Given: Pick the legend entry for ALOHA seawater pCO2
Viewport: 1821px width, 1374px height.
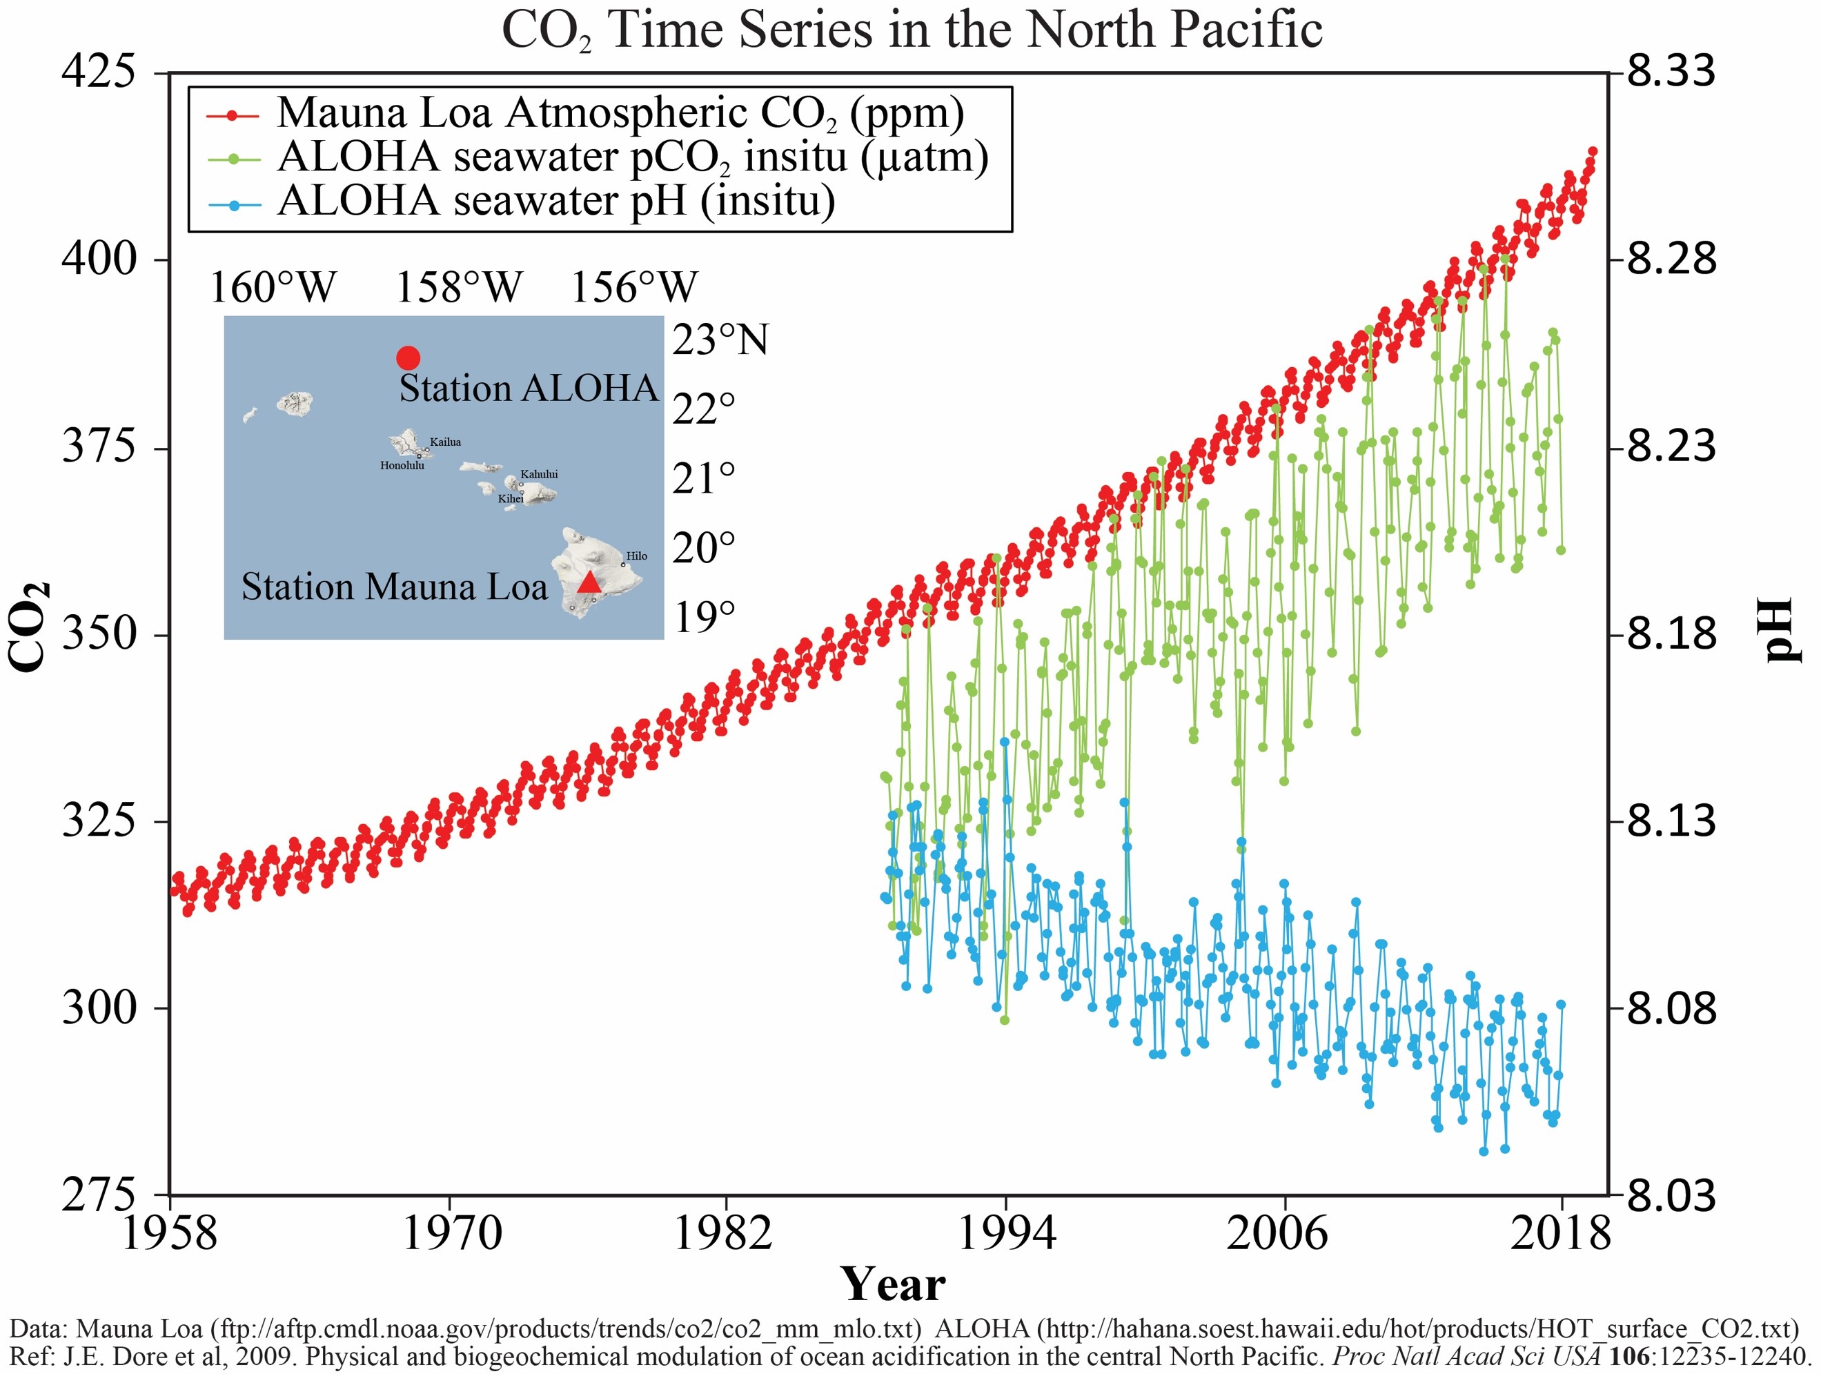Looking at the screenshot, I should coord(632,157).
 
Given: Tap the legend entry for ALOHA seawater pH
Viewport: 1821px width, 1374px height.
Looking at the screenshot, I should coord(555,200).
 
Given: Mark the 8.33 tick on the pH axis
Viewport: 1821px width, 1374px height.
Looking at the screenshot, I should coord(1671,71).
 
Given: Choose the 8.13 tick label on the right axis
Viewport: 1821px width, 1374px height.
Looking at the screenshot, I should coord(1671,820).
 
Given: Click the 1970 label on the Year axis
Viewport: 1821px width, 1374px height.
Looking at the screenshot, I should coord(451,1233).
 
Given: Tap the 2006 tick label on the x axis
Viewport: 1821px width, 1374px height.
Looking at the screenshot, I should coord(1277,1233).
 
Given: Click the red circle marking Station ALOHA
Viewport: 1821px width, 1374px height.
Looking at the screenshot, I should coord(409,357).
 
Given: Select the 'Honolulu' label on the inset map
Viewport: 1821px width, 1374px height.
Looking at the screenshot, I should coord(402,466).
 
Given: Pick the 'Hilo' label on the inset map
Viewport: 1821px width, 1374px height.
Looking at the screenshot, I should coord(636,556).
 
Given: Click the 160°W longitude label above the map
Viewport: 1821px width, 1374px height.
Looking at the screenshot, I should coord(273,287).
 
